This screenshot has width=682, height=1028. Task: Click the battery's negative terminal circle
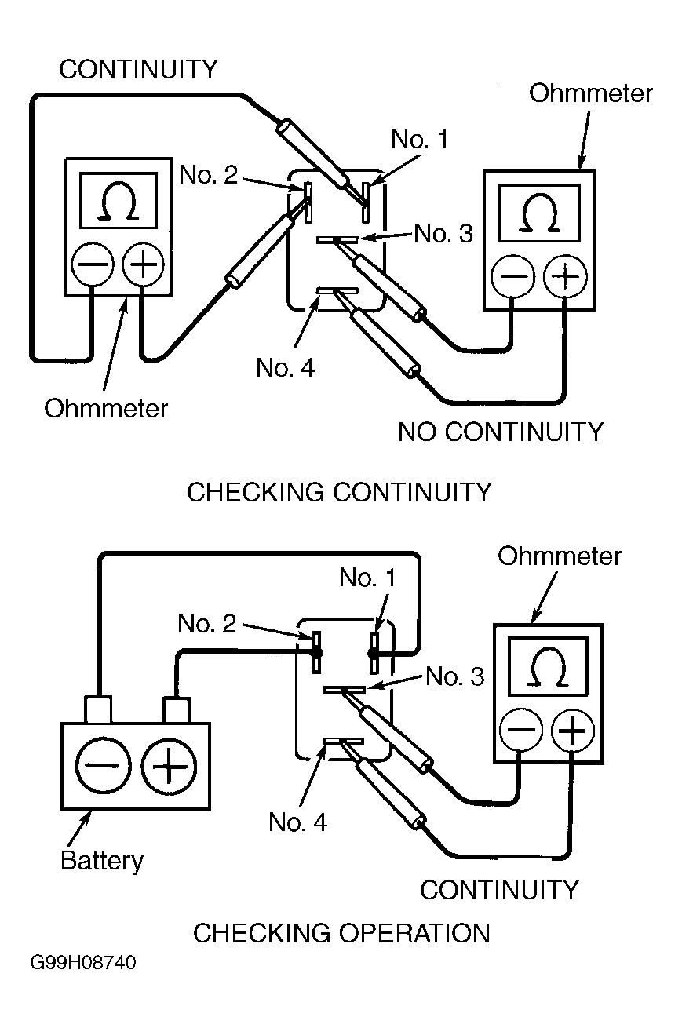[103, 766]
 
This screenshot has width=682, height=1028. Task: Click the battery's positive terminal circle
[168, 766]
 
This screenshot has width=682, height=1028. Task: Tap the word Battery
[102, 861]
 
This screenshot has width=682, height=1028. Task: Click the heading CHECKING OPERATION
[341, 933]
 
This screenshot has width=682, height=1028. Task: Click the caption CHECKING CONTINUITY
[339, 493]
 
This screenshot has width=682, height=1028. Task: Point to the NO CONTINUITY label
[501, 432]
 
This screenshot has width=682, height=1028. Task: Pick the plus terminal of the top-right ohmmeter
[565, 276]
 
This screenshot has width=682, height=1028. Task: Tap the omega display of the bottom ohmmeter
[548, 666]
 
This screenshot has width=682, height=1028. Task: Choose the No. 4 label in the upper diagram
[286, 367]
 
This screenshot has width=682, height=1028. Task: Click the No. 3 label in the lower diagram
[455, 676]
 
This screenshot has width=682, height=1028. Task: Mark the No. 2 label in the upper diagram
[208, 175]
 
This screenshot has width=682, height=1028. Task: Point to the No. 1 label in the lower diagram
[367, 578]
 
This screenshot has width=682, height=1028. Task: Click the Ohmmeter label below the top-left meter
[106, 409]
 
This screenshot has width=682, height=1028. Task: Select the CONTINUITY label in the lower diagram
[499, 890]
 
